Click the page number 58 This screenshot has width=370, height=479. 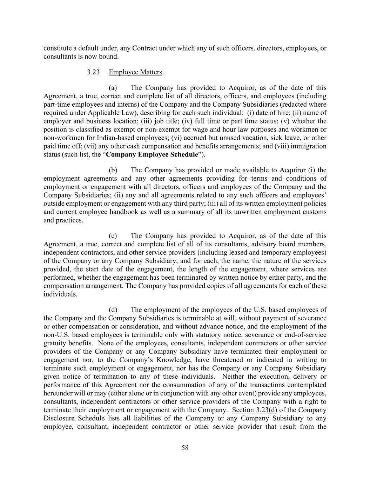185,447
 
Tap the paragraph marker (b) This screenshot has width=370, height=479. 113,170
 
